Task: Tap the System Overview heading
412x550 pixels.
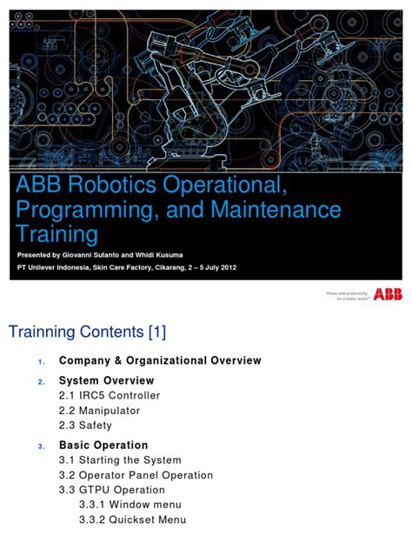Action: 106,380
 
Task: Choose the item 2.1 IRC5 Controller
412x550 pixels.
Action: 110,396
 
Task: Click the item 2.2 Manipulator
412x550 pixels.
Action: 99,410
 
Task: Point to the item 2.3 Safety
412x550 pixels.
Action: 85,425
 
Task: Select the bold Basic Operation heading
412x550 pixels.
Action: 103,445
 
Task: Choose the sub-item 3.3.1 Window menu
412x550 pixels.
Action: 133,506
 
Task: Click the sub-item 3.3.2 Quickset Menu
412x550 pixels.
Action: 134,520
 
